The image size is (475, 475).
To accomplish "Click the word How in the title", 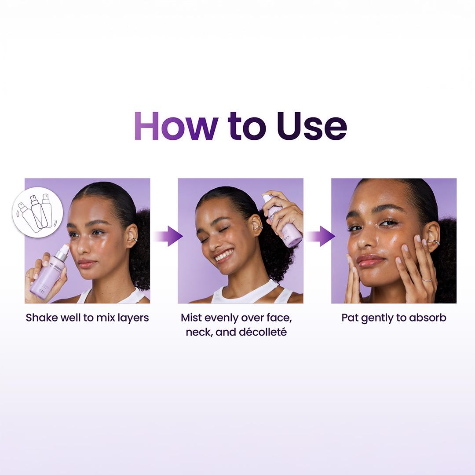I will pyautogui.click(x=175, y=126).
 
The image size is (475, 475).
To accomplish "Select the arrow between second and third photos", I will pyautogui.click(x=321, y=236).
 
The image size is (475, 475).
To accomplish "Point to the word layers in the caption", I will pyautogui.click(x=132, y=318).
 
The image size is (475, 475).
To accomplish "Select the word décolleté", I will pyautogui.click(x=263, y=332).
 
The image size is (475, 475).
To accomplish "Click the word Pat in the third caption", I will pyautogui.click(x=350, y=318).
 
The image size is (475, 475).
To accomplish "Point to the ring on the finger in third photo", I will pyautogui.click(x=427, y=279).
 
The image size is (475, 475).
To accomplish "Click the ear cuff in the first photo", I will pyautogui.click(x=135, y=240).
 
